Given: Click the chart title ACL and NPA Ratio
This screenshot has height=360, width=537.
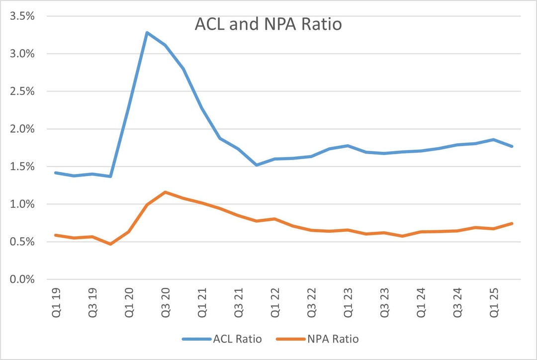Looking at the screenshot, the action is [x=268, y=24].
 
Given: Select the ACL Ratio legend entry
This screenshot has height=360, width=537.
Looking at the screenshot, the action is [x=222, y=339].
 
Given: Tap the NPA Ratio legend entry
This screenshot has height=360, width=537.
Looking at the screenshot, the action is [x=317, y=339].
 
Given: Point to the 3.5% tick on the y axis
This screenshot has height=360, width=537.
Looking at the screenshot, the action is [x=22, y=16].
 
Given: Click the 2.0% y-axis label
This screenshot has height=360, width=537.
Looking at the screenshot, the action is [x=22, y=129].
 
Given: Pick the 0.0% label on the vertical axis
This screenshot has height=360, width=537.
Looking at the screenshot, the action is [x=22, y=279].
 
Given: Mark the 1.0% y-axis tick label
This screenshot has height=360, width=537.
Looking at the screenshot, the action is [x=22, y=204].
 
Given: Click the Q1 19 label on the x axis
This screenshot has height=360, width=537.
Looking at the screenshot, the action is [x=56, y=302].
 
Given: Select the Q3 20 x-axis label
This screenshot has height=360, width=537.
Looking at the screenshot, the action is [x=166, y=302].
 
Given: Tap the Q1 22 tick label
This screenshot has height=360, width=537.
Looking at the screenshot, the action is [x=275, y=302].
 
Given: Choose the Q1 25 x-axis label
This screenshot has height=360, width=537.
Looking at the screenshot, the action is [x=494, y=302].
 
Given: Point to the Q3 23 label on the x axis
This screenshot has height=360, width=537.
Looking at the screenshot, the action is [x=384, y=302].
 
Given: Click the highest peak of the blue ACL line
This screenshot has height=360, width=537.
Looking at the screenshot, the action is [x=147, y=32].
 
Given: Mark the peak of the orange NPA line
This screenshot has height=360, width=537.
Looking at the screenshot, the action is [x=166, y=192].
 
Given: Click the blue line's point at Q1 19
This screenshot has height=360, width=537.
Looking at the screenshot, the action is [x=56, y=173].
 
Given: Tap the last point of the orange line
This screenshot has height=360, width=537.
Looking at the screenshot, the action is [x=512, y=223].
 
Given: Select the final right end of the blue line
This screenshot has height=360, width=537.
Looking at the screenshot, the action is [x=512, y=146].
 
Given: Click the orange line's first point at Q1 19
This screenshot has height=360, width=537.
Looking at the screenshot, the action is [x=56, y=235].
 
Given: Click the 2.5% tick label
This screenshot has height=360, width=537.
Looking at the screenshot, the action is [x=22, y=91].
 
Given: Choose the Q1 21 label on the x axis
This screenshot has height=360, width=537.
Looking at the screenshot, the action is [x=202, y=302].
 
